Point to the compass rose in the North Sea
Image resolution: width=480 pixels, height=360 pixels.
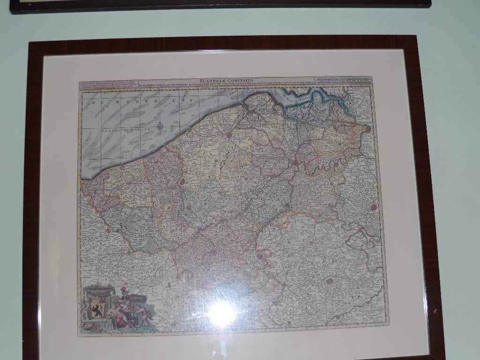click(x=160, y=126)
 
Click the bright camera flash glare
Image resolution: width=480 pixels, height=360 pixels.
click(x=222, y=313)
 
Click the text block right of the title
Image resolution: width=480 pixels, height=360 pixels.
click(x=344, y=80)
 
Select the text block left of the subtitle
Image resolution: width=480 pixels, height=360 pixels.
click(x=108, y=85)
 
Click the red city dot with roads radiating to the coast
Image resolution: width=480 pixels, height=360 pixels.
click(x=229, y=134)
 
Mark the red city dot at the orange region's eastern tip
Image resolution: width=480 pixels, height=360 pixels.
click(x=368, y=128)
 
